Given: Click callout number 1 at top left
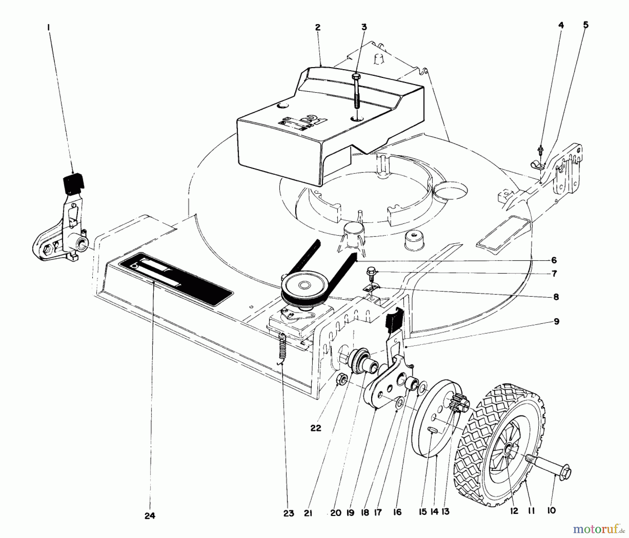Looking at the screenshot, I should point(49,26).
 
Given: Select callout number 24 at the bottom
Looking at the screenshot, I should point(150,515).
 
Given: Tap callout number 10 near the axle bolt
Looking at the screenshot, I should point(551,510).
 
